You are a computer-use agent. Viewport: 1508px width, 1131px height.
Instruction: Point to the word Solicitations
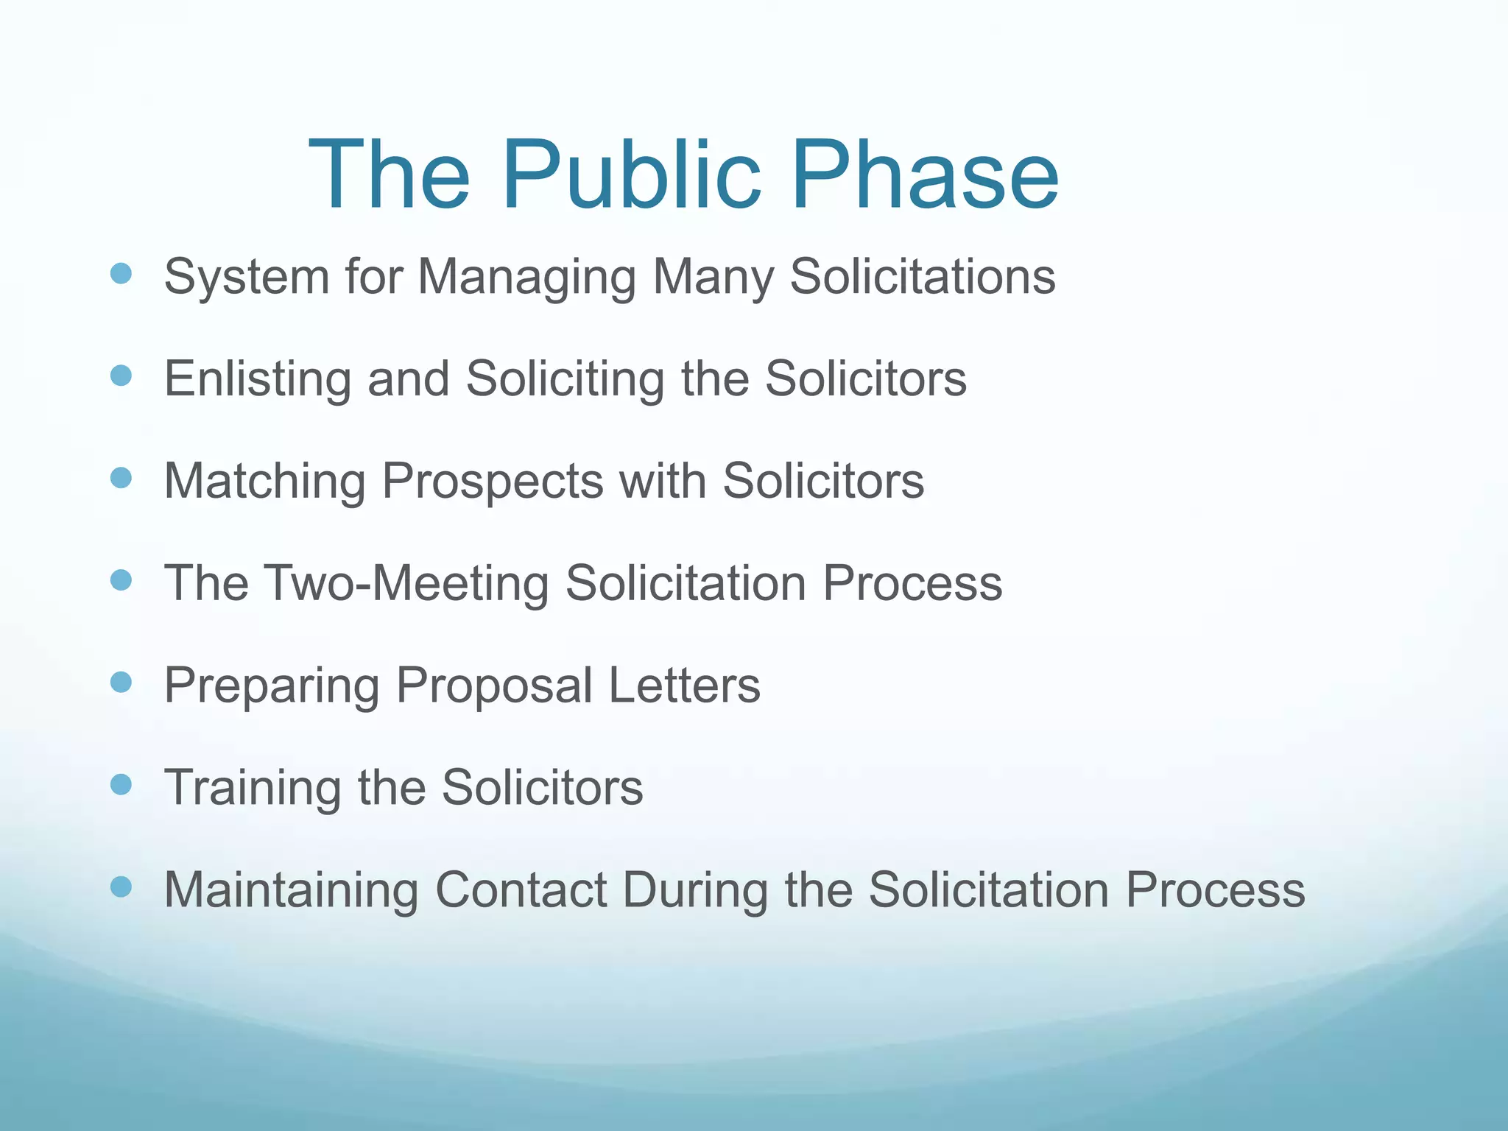923,277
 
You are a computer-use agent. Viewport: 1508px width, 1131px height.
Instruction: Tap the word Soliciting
565,379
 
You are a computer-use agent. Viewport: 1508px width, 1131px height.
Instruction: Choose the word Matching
264,482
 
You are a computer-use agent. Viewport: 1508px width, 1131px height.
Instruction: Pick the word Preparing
270,686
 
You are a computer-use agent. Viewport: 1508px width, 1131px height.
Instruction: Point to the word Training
253,788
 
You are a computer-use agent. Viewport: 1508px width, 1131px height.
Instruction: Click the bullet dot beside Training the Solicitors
121,784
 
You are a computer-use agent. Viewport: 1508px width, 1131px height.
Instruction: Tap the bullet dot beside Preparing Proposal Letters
121,682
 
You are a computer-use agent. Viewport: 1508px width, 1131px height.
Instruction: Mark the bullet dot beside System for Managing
121,274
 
